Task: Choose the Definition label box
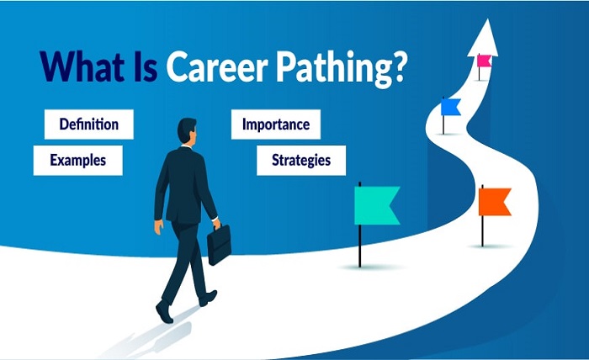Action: (88, 125)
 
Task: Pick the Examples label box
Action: (77, 160)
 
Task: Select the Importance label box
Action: (275, 125)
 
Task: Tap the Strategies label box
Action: (300, 160)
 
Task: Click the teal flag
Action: (377, 206)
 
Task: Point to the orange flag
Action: (495, 202)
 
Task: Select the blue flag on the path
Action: (451, 107)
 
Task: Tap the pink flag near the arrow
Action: (484, 61)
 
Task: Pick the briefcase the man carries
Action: (219, 246)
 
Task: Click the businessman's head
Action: (186, 131)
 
